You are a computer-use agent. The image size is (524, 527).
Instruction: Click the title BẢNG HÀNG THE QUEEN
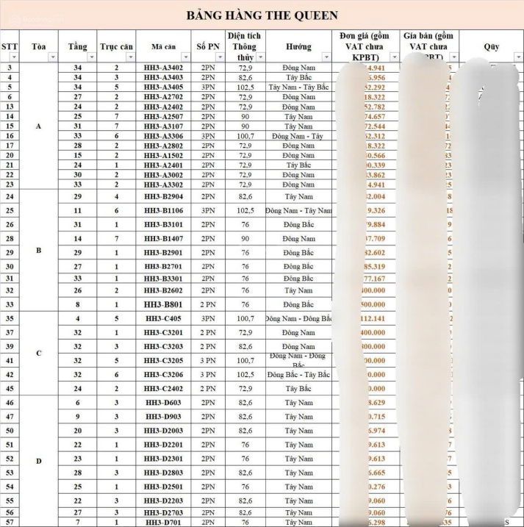(x=262, y=15)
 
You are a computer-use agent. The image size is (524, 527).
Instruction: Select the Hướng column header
(x=298, y=46)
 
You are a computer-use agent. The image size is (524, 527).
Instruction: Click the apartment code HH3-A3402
(x=163, y=68)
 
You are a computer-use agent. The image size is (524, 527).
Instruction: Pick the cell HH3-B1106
(x=163, y=210)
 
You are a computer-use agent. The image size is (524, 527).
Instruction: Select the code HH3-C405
(x=163, y=319)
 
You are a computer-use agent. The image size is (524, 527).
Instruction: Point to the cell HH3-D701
(x=163, y=522)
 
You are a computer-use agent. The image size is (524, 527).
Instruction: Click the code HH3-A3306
(x=163, y=136)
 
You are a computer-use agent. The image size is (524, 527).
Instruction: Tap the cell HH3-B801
(x=163, y=304)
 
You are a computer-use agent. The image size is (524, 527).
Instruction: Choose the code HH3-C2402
(x=163, y=388)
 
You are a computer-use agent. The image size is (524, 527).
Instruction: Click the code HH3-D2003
(x=163, y=430)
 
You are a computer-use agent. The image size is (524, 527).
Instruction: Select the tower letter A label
(x=38, y=126)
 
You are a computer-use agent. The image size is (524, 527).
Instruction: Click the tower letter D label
(x=38, y=461)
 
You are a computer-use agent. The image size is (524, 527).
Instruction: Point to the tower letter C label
(x=38, y=353)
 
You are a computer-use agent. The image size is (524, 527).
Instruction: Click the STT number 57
(x=10, y=522)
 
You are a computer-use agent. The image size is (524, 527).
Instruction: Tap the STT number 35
(x=10, y=319)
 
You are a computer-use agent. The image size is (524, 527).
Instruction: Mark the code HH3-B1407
(x=163, y=239)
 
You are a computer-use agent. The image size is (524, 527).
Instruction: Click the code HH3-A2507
(x=163, y=116)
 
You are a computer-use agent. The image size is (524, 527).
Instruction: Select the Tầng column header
(x=76, y=46)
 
